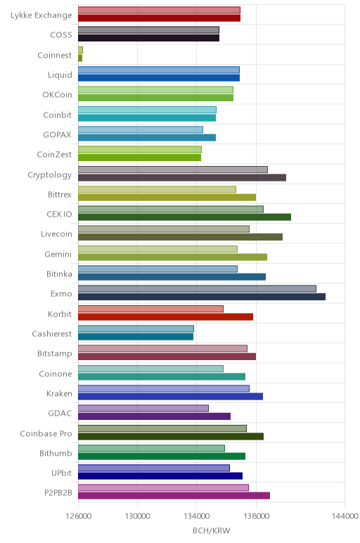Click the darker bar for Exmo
[x=202, y=297]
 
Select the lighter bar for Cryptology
[x=173, y=170]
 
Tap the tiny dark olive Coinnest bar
[x=80, y=58]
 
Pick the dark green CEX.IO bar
[x=184, y=217]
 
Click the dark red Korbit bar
[x=165, y=317]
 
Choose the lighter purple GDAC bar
[x=143, y=408]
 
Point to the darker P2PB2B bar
[x=174, y=496]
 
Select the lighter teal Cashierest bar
[x=136, y=328]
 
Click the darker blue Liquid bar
[x=158, y=78]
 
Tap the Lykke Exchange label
[x=41, y=15]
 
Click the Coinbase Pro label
[x=46, y=433]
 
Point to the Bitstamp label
[x=54, y=354]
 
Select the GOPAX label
[x=57, y=135]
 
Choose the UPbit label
[x=61, y=473]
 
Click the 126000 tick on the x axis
[x=79, y=516]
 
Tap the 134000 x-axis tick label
[x=197, y=516]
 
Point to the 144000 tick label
[x=345, y=516]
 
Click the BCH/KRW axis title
[x=211, y=531]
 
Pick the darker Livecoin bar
[x=180, y=237]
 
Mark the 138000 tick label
[x=256, y=516]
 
